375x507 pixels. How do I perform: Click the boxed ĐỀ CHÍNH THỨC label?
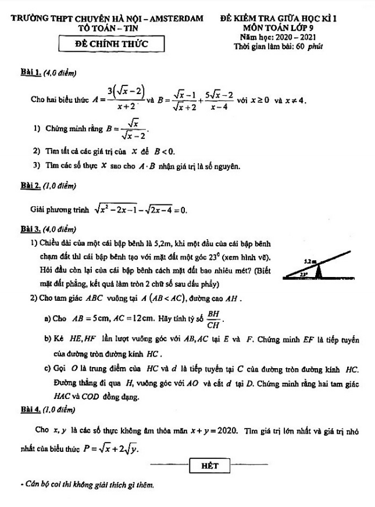point(113,44)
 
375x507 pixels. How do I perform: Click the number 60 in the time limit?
point(302,45)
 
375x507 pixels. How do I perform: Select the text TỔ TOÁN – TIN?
point(110,27)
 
